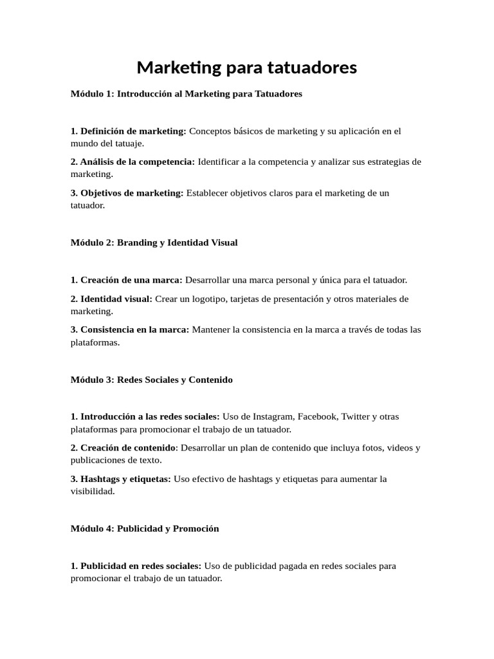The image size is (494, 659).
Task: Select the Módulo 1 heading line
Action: click(x=186, y=94)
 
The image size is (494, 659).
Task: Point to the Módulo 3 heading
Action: click(x=151, y=380)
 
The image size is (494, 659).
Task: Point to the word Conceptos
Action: click(x=209, y=131)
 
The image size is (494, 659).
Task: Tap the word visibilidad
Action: click(x=92, y=491)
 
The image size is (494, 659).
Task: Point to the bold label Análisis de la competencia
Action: click(x=133, y=162)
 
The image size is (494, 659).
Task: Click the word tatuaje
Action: click(x=129, y=143)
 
